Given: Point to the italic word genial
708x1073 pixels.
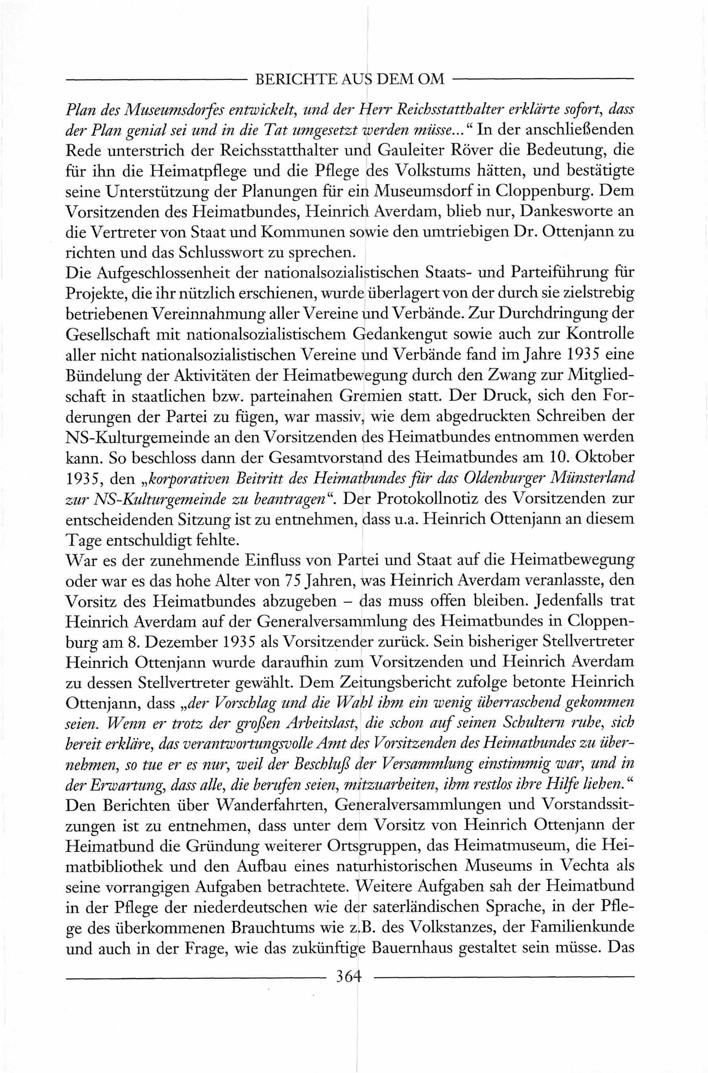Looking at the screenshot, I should tap(136, 131).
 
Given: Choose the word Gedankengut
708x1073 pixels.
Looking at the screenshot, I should tap(399, 335).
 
